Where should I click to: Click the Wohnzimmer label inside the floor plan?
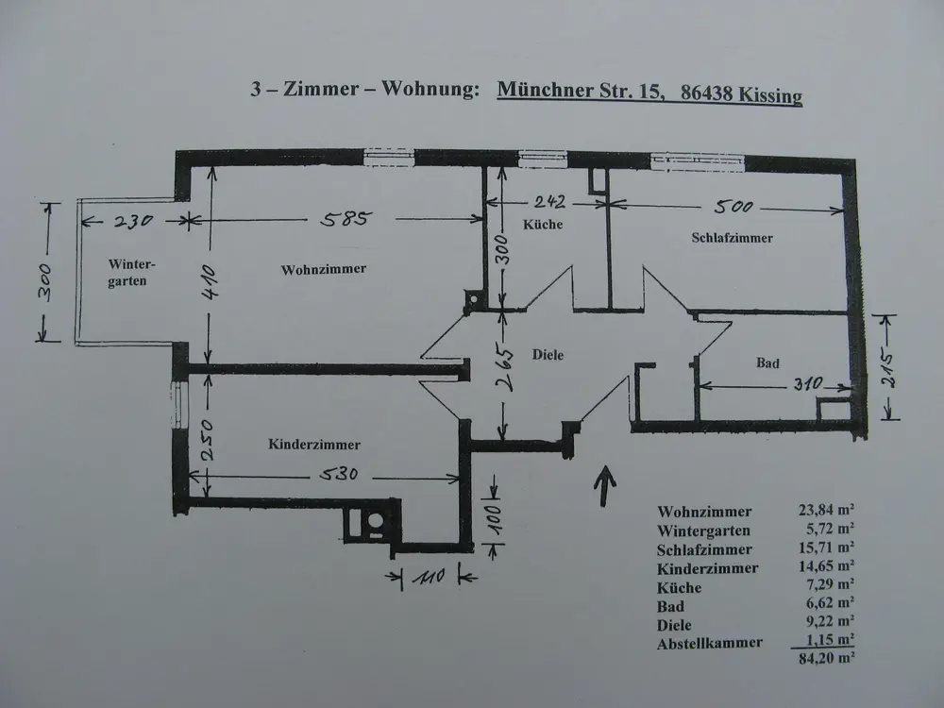(323, 269)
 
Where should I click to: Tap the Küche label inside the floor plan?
(542, 225)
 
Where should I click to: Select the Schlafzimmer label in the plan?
(733, 238)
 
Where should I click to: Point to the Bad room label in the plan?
(767, 362)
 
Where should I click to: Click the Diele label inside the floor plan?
(548, 355)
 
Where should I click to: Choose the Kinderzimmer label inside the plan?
(314, 444)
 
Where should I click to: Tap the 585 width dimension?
(346, 220)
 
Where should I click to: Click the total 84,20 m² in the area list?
(827, 661)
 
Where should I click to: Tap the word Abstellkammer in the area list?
(710, 643)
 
